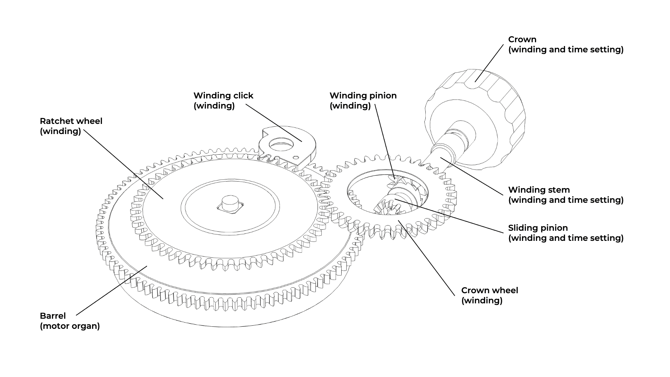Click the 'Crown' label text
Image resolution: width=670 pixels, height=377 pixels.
pyautogui.click(x=522, y=39)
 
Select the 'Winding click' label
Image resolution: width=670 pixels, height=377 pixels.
pyautogui.click(x=223, y=96)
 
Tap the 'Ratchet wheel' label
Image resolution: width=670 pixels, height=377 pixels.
pyautogui.click(x=71, y=121)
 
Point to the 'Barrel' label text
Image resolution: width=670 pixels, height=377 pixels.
pyautogui.click(x=53, y=316)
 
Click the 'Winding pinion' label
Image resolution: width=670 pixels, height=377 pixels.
pyautogui.click(x=363, y=96)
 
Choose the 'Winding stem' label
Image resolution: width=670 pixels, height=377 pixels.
pyautogui.click(x=539, y=190)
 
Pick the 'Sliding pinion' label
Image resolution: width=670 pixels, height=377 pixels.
pyautogui.click(x=538, y=228)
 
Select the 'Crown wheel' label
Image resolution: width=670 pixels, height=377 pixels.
pyautogui.click(x=490, y=290)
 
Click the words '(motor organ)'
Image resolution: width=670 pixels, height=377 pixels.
pyautogui.click(x=70, y=326)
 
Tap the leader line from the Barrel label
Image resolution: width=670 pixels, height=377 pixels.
pyautogui.click(x=112, y=290)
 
